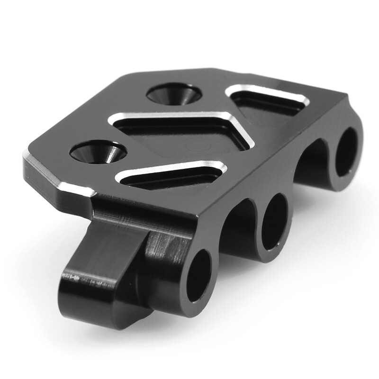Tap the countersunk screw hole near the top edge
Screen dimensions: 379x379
point(174,93)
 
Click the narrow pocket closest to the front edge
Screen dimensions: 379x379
point(171,178)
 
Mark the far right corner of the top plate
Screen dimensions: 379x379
point(348,97)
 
